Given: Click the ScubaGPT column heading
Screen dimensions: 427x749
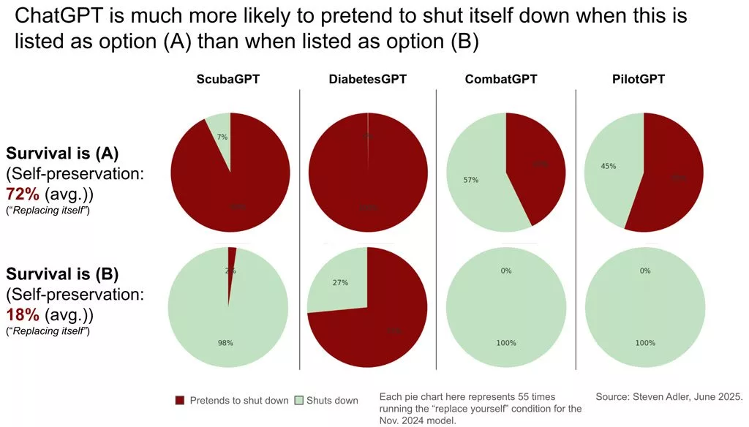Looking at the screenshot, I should pyautogui.click(x=228, y=79).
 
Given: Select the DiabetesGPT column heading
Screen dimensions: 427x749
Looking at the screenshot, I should pyautogui.click(x=367, y=79).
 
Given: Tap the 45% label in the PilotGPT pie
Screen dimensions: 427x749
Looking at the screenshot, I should pyautogui.click(x=608, y=166).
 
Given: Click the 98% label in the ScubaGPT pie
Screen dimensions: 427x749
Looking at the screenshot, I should pyautogui.click(x=225, y=343).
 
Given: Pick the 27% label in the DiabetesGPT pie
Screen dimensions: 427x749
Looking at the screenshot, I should pyautogui.click(x=339, y=282).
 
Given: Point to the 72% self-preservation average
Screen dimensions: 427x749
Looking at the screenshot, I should pyautogui.click(x=22, y=194).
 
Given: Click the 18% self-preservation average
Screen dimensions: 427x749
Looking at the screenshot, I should pyautogui.click(x=22, y=315).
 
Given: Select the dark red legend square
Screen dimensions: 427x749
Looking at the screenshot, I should pyautogui.click(x=181, y=400).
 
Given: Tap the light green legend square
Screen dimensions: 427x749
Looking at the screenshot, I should pyautogui.click(x=298, y=400).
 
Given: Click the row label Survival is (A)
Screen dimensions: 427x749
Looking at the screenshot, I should pyautogui.click(x=63, y=154).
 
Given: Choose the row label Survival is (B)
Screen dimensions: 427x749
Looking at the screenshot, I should pyautogui.click(x=63, y=275).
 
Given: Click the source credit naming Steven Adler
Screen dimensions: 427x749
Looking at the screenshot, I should pyautogui.click(x=669, y=396).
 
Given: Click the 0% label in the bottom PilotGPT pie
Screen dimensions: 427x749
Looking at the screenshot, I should pyautogui.click(x=645, y=271).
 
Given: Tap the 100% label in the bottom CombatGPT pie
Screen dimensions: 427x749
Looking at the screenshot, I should pyautogui.click(x=506, y=343).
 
